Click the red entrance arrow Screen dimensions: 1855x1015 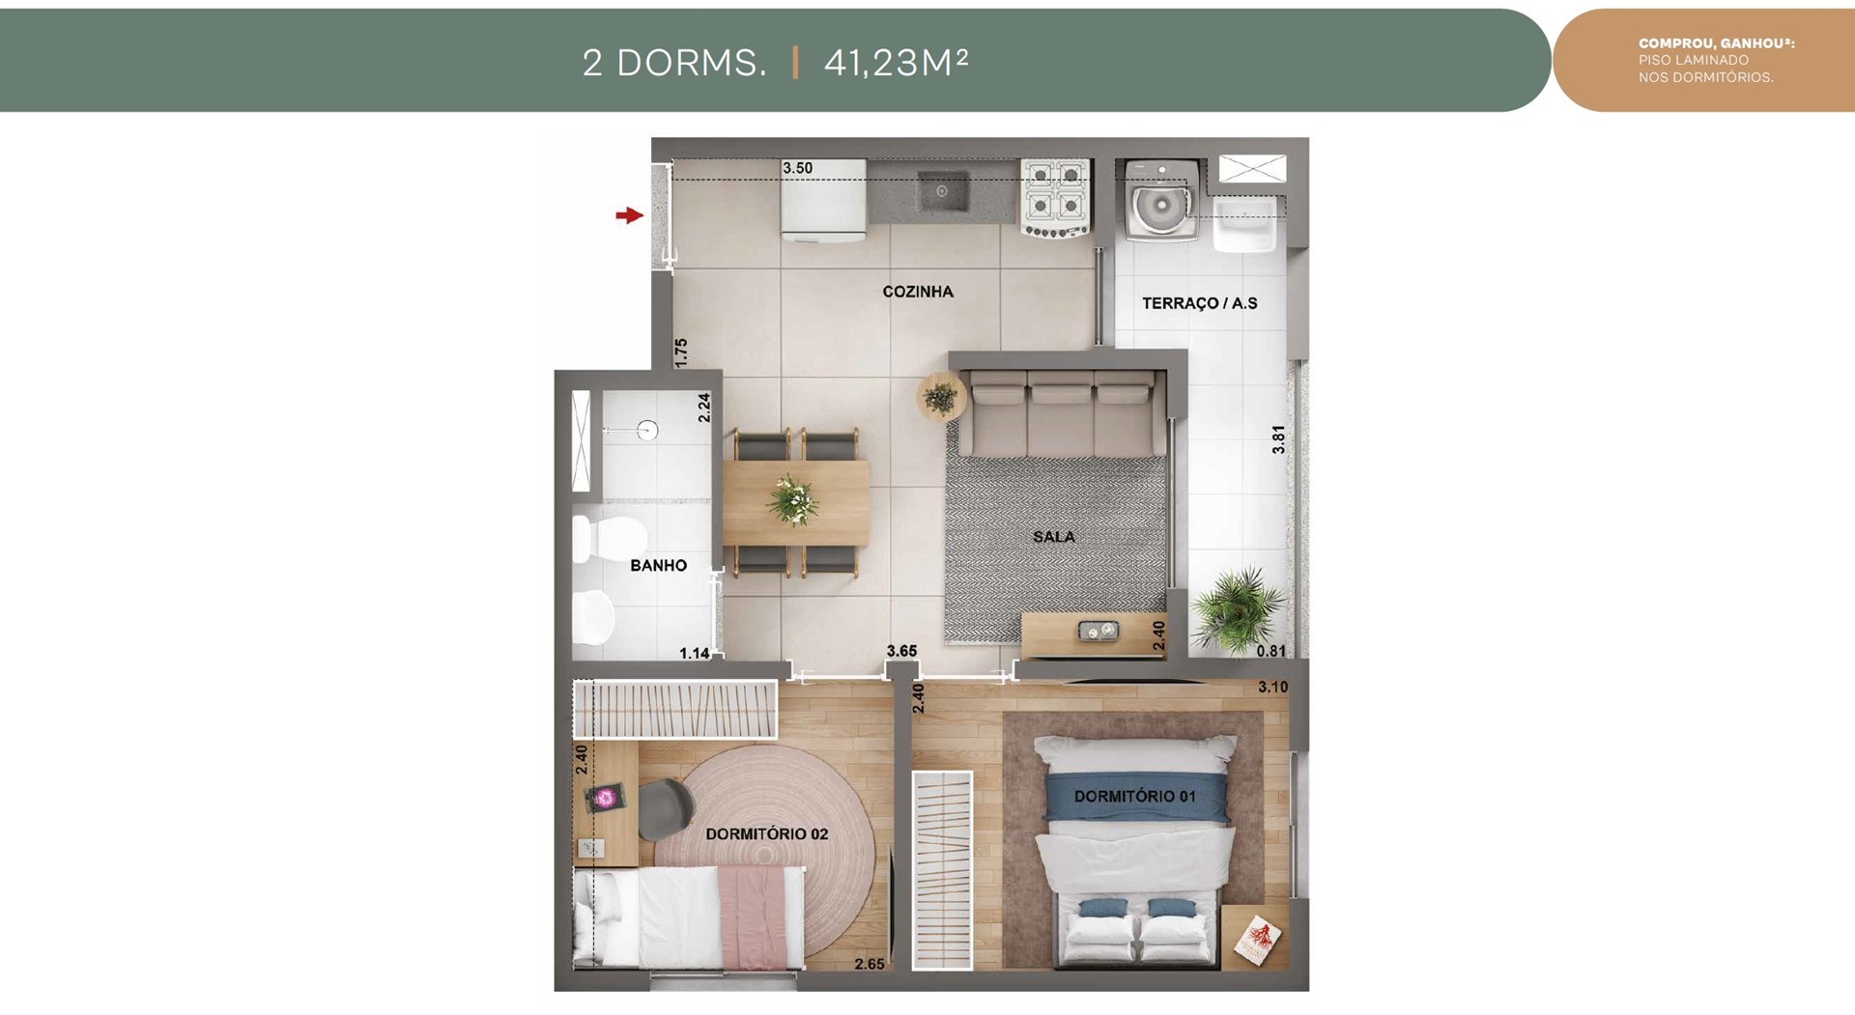[629, 215]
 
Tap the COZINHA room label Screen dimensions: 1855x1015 [918, 292]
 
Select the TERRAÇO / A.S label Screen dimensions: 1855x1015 [1200, 303]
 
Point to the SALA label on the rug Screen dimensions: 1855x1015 [1053, 537]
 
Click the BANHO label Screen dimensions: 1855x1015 [659, 566]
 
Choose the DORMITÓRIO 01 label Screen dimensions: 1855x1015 [1135, 797]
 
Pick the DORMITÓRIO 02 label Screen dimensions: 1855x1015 [767, 834]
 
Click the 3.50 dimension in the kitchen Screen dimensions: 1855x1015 [798, 168]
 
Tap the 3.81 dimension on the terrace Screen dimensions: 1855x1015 [1279, 439]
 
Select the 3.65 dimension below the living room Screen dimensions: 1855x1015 [902, 651]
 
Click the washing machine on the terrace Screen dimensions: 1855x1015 [1161, 200]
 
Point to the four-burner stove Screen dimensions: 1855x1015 [1056, 199]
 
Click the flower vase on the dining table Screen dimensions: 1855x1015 [793, 500]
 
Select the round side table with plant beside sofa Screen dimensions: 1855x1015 [941, 397]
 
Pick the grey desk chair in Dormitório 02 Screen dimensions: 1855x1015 [665, 809]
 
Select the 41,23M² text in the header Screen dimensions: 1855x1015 [896, 63]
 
